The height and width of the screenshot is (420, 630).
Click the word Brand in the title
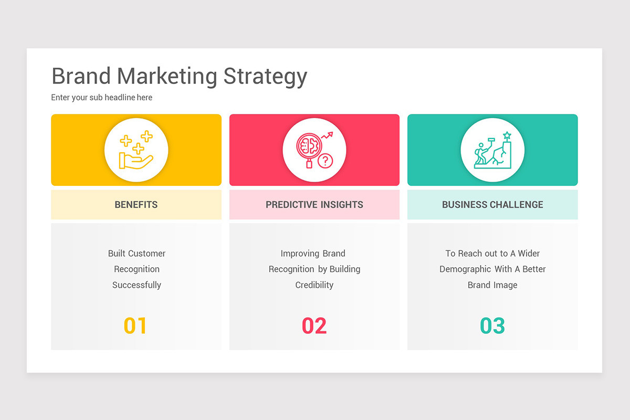[x=81, y=76]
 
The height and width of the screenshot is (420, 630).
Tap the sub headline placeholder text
[x=102, y=98]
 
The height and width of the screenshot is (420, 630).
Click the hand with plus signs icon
[x=136, y=150]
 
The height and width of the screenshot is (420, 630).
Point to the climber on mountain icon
[x=492, y=150]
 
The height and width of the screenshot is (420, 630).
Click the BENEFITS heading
[x=136, y=205]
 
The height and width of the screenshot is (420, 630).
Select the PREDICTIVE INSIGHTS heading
[x=314, y=205]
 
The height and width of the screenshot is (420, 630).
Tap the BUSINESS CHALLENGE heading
[x=492, y=205]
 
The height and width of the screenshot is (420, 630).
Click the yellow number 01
[x=135, y=326]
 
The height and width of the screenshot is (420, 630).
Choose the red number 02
[x=314, y=326]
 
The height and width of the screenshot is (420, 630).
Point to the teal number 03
[x=492, y=326]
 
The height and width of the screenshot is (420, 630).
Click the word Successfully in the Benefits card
[x=136, y=285]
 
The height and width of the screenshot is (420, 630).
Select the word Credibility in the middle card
[x=314, y=285]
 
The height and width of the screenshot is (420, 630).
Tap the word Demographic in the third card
[x=464, y=269]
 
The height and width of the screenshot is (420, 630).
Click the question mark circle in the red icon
[x=325, y=161]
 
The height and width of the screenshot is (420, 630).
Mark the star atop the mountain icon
[x=507, y=135]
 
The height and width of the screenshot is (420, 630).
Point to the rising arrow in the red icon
[x=327, y=135]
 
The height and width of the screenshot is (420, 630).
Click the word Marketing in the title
[x=167, y=77]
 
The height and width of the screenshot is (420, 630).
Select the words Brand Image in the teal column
[x=492, y=285]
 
